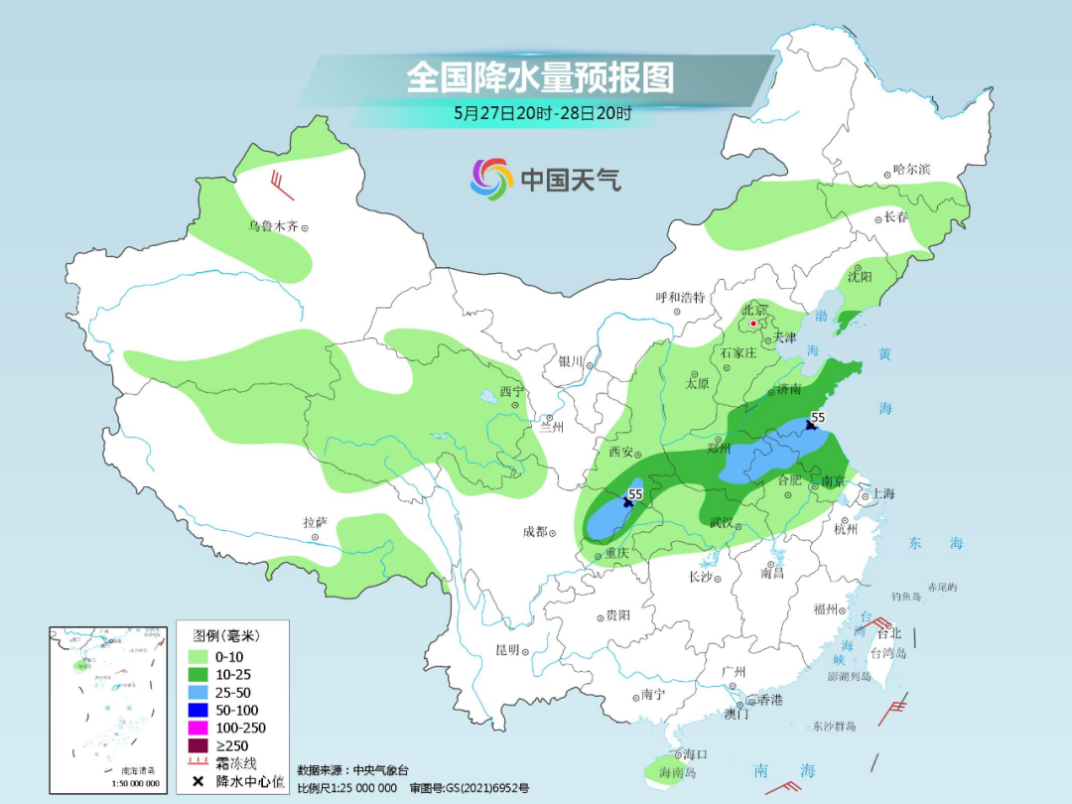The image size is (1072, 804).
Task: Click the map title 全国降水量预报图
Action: [x=540, y=76]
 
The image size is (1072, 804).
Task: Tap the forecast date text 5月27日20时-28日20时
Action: [x=542, y=113]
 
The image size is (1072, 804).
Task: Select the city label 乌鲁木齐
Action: [x=273, y=226]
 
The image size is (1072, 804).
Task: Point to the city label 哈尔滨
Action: [x=911, y=170]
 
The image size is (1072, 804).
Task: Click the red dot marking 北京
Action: [x=753, y=324]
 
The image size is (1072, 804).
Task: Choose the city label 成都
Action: [x=535, y=532]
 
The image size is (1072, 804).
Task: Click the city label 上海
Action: [x=882, y=493]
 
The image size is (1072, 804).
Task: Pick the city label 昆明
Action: [x=506, y=650]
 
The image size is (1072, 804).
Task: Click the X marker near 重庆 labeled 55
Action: [x=627, y=503]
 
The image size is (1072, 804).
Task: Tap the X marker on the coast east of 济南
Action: [x=811, y=424]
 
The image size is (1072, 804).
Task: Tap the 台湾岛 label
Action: [x=888, y=653]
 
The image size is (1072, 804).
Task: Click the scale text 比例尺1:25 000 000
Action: [x=346, y=787]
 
